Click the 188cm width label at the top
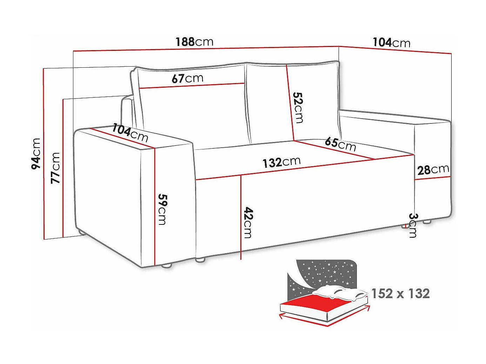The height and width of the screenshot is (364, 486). pos(194,42)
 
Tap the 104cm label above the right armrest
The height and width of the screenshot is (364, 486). pos(391,42)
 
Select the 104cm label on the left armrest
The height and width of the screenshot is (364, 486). pos(130,133)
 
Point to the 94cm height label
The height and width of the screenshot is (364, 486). pos(36,154)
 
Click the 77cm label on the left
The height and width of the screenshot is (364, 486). pos(56,168)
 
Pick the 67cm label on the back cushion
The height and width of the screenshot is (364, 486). pos(187,78)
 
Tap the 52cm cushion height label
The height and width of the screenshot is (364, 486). pos(298,107)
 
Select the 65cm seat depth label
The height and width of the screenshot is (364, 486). pos(340,144)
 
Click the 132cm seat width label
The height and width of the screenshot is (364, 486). pos(281,162)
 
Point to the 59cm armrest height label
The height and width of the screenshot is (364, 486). pos(162,209)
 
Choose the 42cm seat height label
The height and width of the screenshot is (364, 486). pos(248,222)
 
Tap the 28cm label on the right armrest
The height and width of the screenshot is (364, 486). pos(433,170)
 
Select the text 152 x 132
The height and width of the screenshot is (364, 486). pos(400,293)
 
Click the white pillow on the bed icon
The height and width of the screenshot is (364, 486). pos(339,291)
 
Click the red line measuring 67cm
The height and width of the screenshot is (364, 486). pos(192,86)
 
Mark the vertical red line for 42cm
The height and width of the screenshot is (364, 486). pos(241,217)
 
